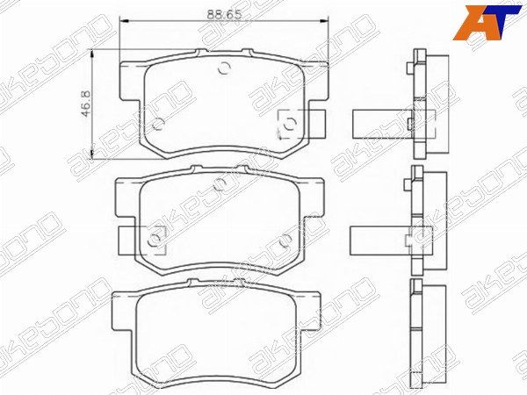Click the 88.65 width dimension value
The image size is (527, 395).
pyautogui.click(x=224, y=14)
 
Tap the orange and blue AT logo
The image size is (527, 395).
pyautogui.click(x=487, y=23)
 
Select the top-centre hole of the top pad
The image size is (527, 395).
pyautogui.click(x=223, y=68)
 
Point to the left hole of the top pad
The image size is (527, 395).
pyautogui.click(x=158, y=125)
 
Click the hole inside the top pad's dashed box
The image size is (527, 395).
pyautogui.click(x=289, y=124)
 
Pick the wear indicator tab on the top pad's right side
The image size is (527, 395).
pyautogui.click(x=316, y=124)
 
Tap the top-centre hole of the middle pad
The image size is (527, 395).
pyautogui.click(x=220, y=183)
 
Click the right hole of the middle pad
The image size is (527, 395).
pyautogui.click(x=285, y=239)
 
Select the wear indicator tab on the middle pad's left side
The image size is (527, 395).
pyautogui.click(x=128, y=241)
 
